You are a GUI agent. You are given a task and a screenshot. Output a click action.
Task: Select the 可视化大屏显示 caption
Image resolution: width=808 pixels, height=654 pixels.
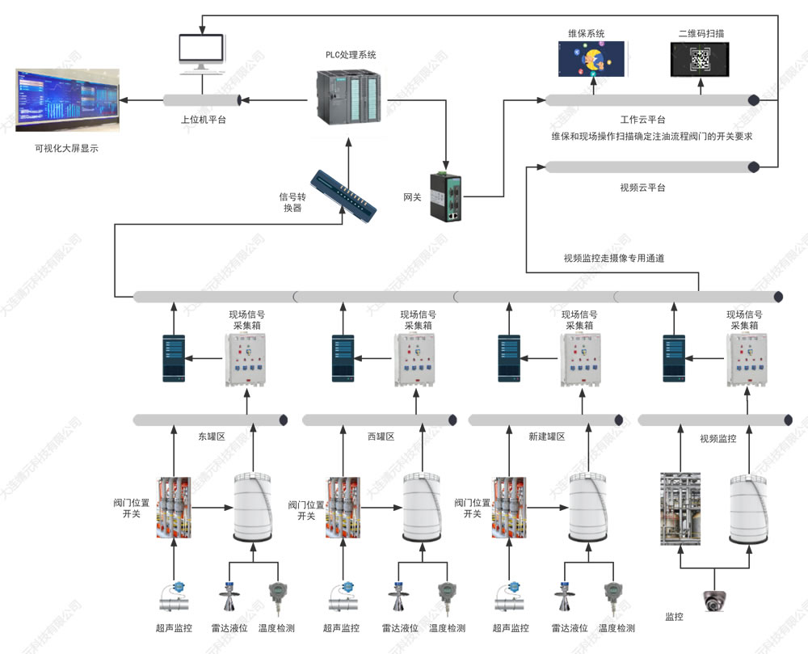[x=65, y=149]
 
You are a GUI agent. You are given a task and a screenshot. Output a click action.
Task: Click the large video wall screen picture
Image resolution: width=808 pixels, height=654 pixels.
[x=66, y=101]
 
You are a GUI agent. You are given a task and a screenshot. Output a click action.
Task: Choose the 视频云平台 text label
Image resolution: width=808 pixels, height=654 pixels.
[x=642, y=188]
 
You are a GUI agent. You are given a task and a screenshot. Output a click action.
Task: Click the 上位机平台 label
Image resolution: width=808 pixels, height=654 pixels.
[x=203, y=120]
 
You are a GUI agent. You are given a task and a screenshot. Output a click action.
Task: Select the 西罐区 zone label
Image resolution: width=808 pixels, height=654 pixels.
[x=380, y=437]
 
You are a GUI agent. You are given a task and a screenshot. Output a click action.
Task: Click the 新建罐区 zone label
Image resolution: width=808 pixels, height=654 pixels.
[x=546, y=437]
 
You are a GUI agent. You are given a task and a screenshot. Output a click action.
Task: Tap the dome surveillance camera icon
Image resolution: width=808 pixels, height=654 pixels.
[x=714, y=599]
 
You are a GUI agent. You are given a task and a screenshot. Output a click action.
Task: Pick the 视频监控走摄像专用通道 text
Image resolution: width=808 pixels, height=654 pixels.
[x=614, y=259]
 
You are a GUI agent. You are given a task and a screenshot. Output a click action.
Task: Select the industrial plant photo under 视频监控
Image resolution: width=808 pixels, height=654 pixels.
[x=680, y=508]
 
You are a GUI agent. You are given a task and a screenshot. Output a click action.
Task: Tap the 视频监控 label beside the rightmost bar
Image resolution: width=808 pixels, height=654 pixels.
[x=718, y=439]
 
